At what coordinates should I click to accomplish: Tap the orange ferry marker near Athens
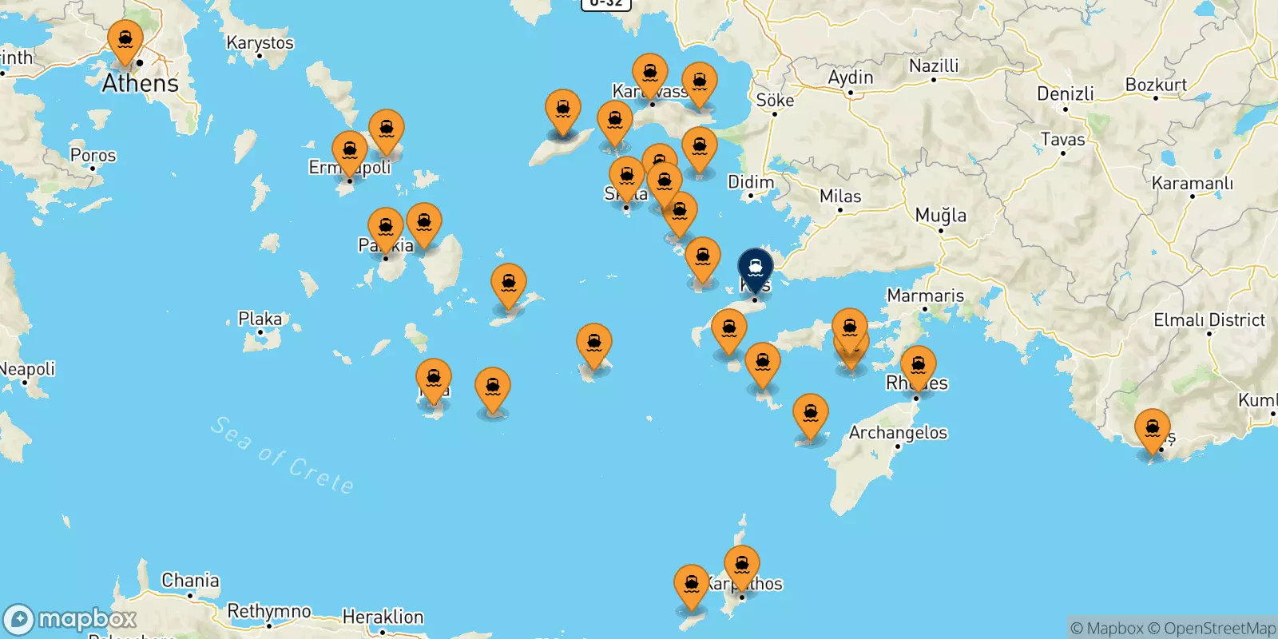click(x=125, y=40)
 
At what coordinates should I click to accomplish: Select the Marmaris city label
click(x=925, y=296)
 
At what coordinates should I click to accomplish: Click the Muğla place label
click(x=940, y=215)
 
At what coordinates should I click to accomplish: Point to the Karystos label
click(x=260, y=43)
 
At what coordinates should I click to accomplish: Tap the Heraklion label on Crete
click(x=383, y=617)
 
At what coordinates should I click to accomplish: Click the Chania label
click(x=190, y=581)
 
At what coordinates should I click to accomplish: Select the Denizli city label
click(x=1065, y=93)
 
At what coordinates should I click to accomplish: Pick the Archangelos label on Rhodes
click(x=898, y=433)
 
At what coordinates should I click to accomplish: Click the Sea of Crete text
click(x=281, y=455)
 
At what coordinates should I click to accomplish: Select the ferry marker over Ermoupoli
click(x=350, y=152)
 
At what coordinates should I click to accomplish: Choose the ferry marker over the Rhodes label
click(x=919, y=366)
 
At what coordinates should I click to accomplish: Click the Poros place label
click(x=93, y=155)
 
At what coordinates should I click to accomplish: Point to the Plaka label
click(x=260, y=319)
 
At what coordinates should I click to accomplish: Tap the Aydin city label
click(x=850, y=77)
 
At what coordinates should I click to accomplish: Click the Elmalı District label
click(x=1209, y=320)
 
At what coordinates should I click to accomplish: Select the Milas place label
click(x=840, y=196)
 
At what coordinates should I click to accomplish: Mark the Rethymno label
click(x=269, y=612)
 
